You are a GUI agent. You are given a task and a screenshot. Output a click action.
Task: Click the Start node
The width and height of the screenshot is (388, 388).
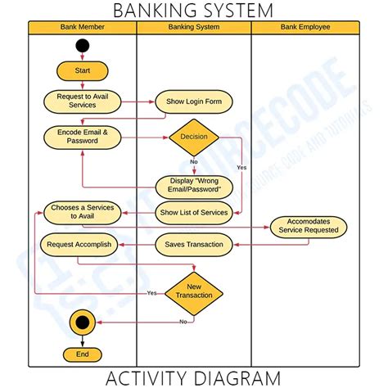click(x=82, y=71)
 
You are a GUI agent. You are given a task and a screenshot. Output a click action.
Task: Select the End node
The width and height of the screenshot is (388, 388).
click(x=82, y=354)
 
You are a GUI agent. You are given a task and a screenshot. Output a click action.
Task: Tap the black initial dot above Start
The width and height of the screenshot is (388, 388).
click(x=82, y=46)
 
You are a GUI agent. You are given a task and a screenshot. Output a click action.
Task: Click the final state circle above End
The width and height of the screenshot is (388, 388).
click(x=82, y=322)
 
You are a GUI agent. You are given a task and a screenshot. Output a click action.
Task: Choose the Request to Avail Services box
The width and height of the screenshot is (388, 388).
click(x=82, y=101)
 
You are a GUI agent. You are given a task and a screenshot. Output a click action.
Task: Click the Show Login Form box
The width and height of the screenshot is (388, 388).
click(x=194, y=102)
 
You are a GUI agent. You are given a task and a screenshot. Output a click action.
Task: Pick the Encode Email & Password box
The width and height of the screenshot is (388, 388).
click(x=82, y=136)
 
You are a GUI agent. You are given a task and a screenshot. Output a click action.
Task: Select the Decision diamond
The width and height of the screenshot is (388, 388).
click(x=194, y=137)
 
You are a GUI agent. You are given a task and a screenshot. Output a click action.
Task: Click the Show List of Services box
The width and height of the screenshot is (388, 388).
click(x=194, y=213)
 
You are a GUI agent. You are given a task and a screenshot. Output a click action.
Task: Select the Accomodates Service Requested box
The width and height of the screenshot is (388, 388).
click(x=309, y=226)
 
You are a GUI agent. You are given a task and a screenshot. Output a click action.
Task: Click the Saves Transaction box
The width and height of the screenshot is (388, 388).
click(x=194, y=244)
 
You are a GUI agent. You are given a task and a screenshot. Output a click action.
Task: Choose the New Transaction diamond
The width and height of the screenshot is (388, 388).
click(x=194, y=291)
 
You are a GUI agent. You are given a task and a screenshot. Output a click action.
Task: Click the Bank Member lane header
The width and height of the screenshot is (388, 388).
click(x=82, y=27)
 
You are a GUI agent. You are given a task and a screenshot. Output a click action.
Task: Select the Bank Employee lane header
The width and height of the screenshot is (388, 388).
click(x=305, y=27)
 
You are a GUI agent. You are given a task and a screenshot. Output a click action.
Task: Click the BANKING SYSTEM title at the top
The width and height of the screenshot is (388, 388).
click(x=194, y=10)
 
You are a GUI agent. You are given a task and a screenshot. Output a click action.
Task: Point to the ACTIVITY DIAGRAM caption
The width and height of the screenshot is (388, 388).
click(x=194, y=377)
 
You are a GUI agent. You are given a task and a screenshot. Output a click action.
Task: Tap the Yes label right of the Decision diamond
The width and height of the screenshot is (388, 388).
click(x=241, y=167)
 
